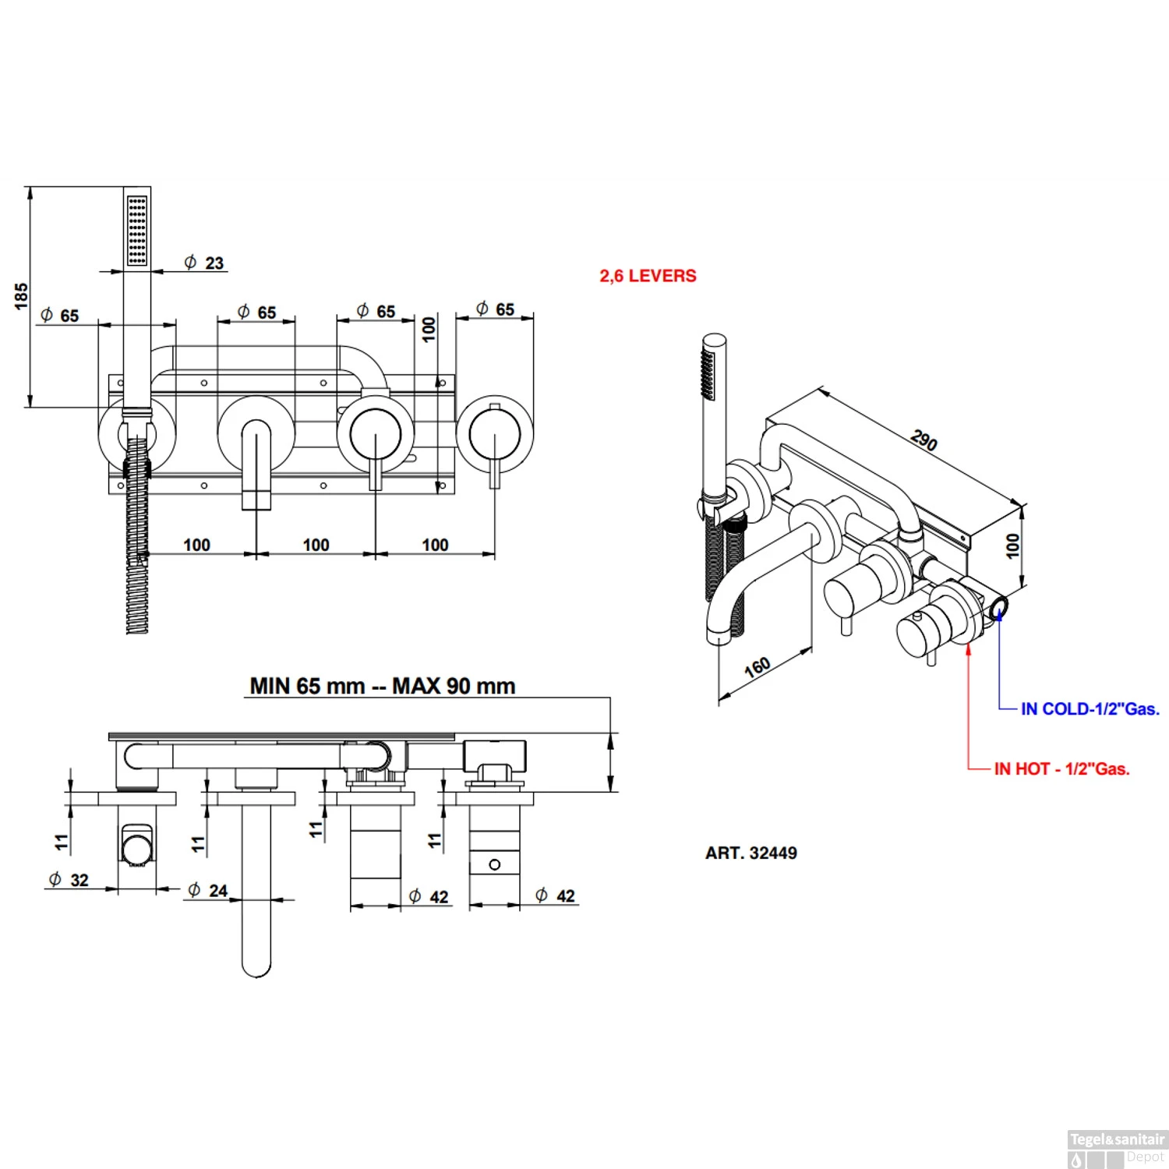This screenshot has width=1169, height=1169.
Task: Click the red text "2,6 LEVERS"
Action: click(648, 276)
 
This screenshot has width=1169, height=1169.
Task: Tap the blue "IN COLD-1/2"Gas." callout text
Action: click(1090, 709)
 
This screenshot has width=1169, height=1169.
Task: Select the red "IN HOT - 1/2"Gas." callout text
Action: click(1061, 769)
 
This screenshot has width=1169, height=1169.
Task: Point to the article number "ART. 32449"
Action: click(751, 853)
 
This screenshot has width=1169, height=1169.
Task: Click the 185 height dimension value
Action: click(21, 296)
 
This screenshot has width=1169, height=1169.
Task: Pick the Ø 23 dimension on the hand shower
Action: click(204, 263)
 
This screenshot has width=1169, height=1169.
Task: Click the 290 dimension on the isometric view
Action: click(924, 440)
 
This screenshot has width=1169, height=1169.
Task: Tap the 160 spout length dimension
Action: click(758, 667)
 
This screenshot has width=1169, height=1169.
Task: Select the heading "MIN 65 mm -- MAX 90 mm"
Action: click(383, 687)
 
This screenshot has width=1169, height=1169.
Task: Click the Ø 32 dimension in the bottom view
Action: click(69, 881)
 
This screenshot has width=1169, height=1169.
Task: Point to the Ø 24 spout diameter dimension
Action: click(208, 891)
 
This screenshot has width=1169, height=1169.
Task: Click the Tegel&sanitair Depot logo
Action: click(1117, 1148)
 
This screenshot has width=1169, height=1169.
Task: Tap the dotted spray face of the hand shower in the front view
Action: click(137, 231)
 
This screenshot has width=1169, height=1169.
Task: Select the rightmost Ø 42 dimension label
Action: click(556, 896)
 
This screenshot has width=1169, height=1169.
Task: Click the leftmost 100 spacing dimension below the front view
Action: click(196, 545)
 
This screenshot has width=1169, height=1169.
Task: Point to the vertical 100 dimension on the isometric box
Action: click(1012, 545)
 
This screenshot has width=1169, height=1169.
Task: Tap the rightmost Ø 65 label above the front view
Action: click(496, 309)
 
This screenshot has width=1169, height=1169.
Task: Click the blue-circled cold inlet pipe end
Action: click(998, 606)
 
